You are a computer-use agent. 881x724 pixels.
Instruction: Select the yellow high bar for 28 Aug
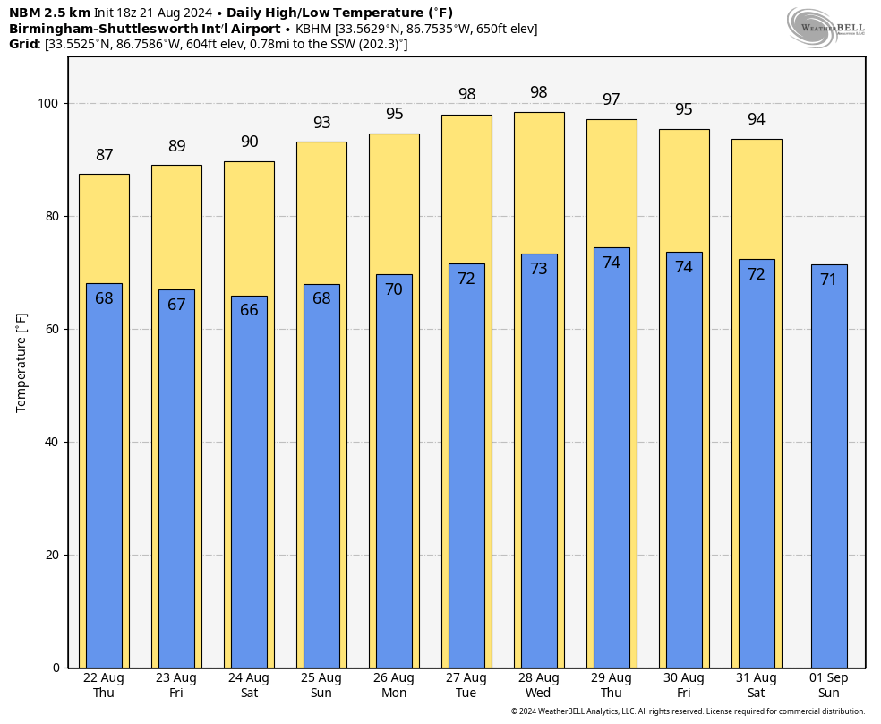539,179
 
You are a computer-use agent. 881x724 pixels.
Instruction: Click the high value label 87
104,155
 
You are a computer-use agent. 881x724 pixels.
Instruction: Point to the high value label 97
612,99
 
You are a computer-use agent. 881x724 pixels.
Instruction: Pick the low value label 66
249,310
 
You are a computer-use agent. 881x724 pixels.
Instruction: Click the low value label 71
829,280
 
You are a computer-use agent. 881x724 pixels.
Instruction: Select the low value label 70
394,289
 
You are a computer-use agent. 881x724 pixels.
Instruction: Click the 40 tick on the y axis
52,443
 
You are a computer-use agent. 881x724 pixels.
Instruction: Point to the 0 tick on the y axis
56,668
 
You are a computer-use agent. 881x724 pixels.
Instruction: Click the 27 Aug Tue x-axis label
466,685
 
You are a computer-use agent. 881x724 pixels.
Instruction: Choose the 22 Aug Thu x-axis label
104,685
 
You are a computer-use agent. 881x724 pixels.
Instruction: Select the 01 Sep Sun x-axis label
829,685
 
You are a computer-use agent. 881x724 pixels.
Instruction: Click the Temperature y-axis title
22,362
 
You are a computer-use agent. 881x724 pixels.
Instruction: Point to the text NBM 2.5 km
48,13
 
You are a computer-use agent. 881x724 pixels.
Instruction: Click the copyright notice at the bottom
688,711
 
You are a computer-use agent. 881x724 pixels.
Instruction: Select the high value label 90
249,142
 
